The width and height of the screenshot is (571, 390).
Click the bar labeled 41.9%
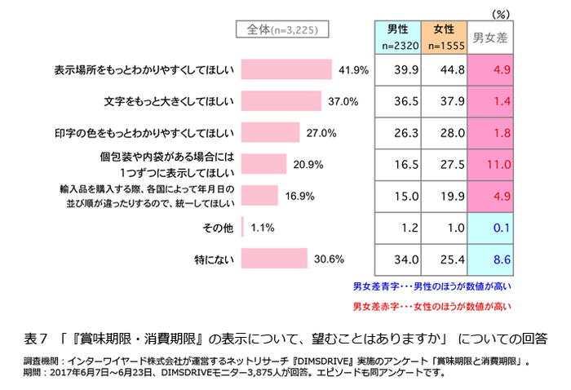click(x=287, y=70)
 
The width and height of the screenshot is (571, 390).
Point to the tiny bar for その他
click(x=244, y=228)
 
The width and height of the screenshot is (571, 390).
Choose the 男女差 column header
click(x=493, y=38)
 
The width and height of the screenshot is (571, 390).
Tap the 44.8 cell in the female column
click(x=445, y=70)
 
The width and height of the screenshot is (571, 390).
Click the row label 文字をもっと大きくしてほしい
click(x=169, y=102)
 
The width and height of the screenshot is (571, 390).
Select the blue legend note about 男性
click(x=432, y=286)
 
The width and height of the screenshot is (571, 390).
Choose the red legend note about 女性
click(x=432, y=308)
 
